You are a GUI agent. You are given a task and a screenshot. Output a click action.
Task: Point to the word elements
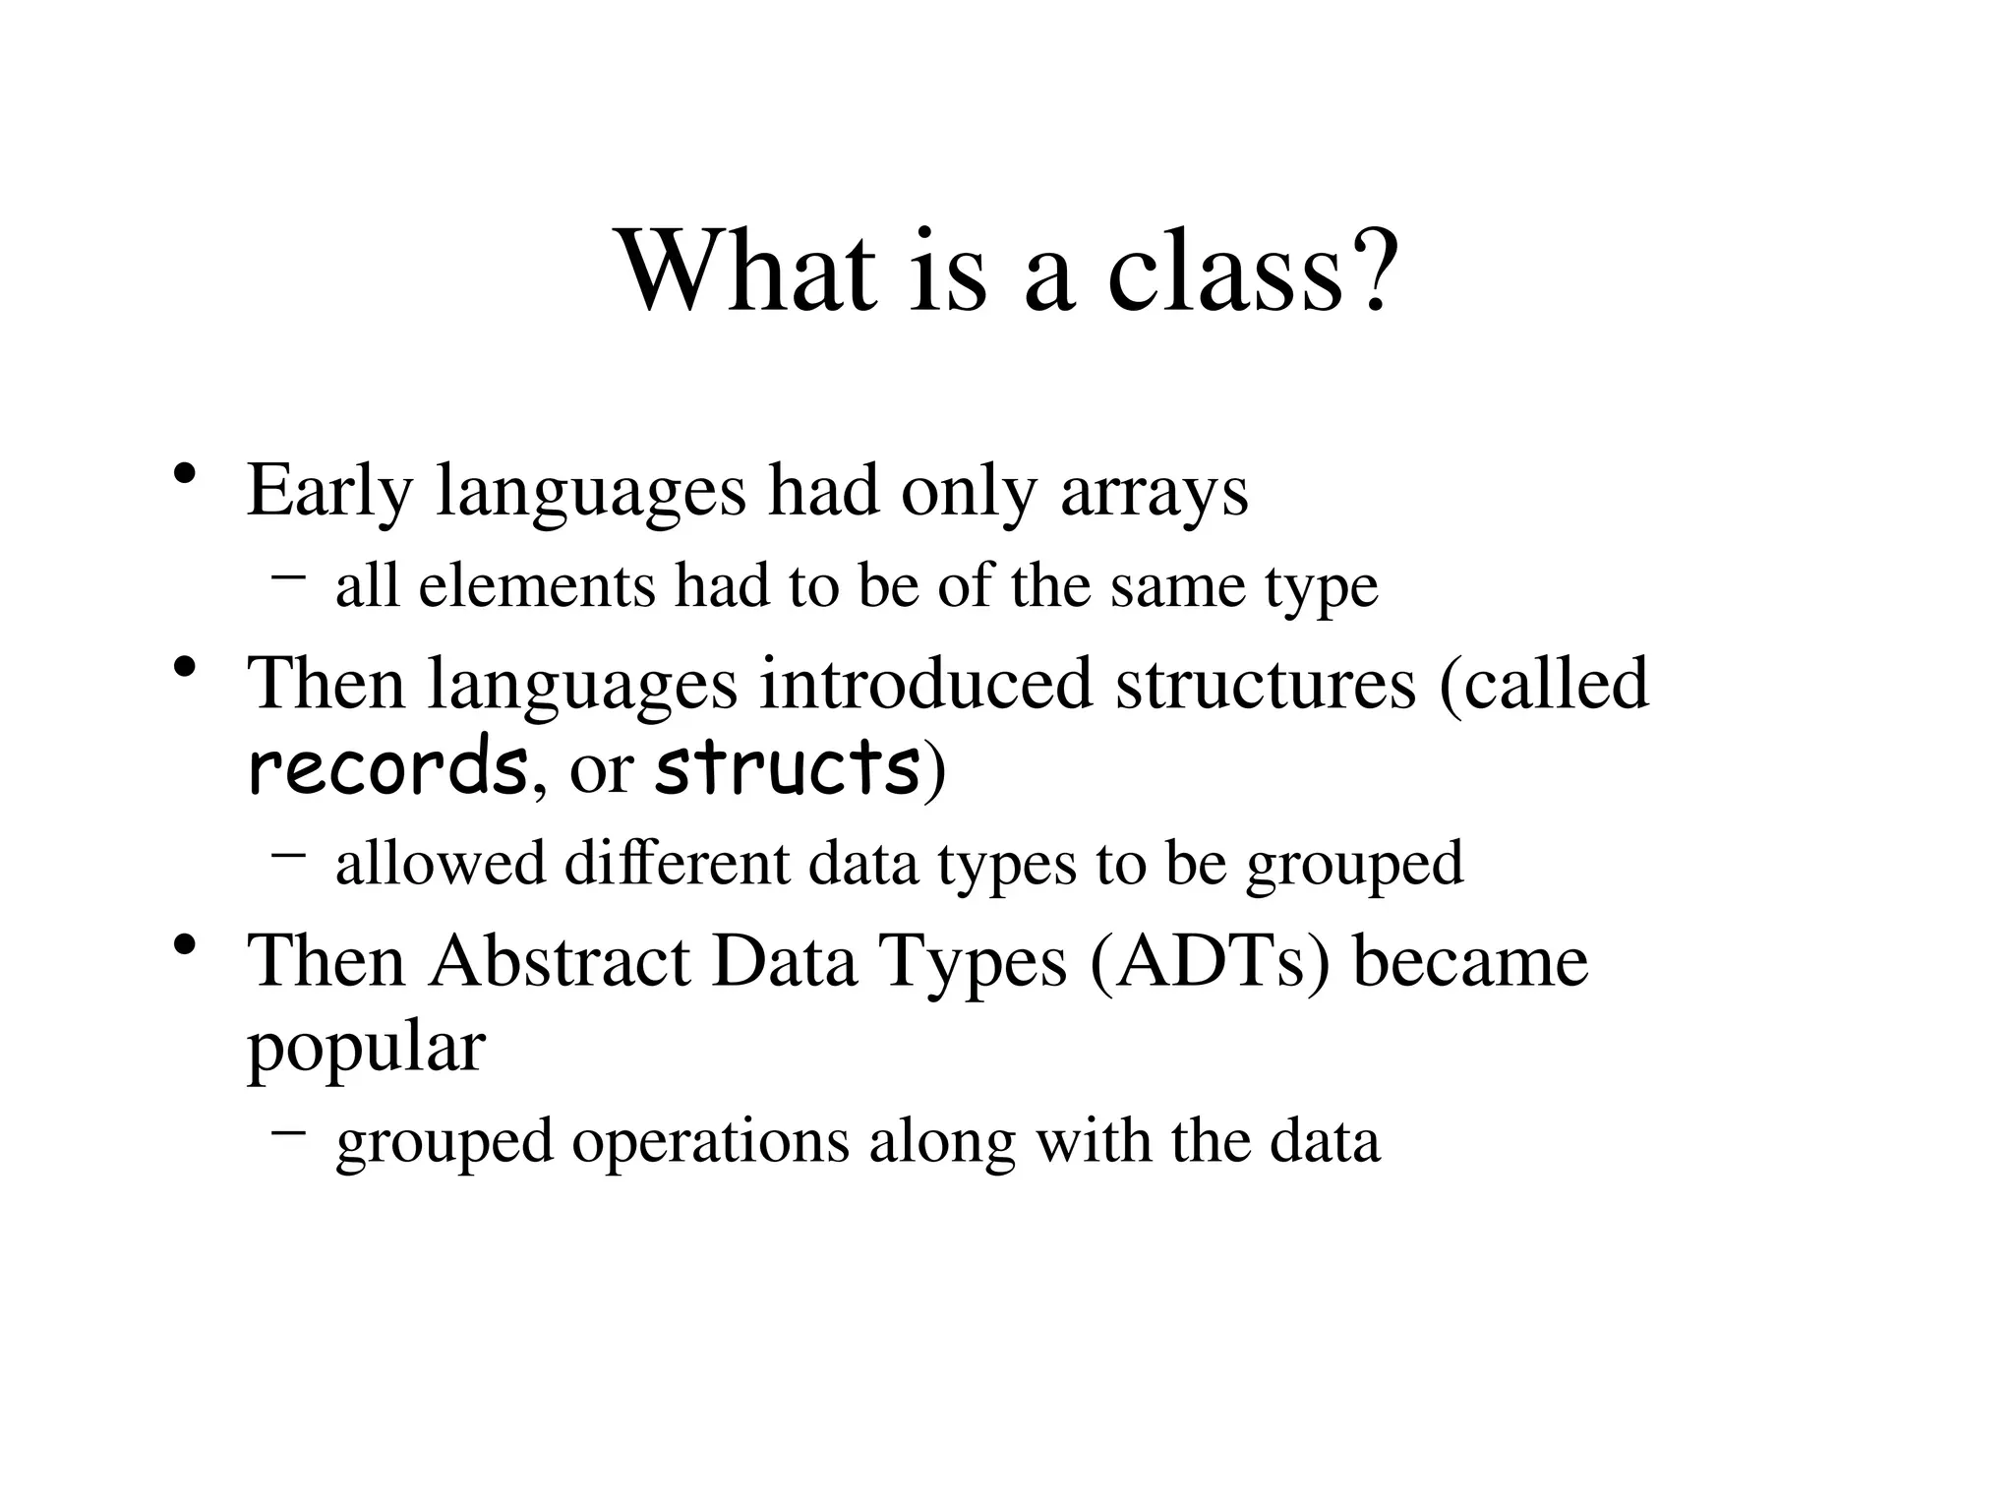pyautogui.click(x=536, y=586)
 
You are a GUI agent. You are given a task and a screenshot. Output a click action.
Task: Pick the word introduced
pyautogui.click(x=925, y=683)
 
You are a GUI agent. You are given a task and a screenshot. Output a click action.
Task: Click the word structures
pyautogui.click(x=1265, y=683)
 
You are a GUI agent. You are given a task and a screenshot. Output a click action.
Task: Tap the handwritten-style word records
pyautogui.click(x=386, y=768)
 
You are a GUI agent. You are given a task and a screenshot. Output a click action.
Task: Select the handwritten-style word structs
pyautogui.click(x=788, y=768)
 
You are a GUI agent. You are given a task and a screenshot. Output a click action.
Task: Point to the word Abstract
pyautogui.click(x=560, y=960)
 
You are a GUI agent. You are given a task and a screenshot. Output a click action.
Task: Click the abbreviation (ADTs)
pyautogui.click(x=1210, y=960)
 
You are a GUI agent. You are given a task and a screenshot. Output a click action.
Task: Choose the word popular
pyautogui.click(x=366, y=1049)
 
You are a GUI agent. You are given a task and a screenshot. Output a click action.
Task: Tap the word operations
pyautogui.click(x=710, y=1141)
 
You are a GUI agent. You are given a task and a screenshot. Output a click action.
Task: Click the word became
pyautogui.click(x=1470, y=960)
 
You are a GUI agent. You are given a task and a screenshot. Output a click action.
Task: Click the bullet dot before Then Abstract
pyautogui.click(x=183, y=945)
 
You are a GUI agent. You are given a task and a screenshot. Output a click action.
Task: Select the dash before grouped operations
pyautogui.click(x=287, y=1132)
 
